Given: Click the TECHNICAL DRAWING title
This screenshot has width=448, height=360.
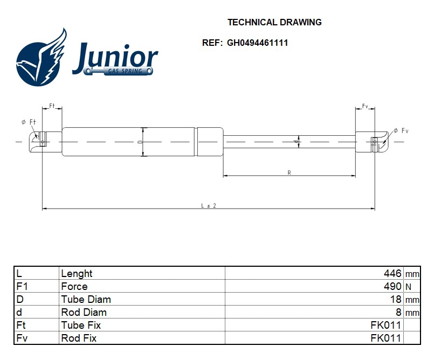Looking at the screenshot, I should pyautogui.click(x=274, y=22).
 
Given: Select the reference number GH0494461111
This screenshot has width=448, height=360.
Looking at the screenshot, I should pyautogui.click(x=257, y=43).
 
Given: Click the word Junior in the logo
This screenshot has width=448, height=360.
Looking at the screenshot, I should pyautogui.click(x=115, y=58).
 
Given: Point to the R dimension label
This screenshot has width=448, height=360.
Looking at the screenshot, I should pyautogui.click(x=289, y=172).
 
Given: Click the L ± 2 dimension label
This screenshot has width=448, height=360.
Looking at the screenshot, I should pyautogui.click(x=208, y=205).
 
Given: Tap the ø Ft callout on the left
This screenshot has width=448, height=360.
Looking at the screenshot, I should pyautogui.click(x=28, y=122).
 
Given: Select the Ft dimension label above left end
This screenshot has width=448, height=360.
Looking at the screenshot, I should pyautogui.click(x=52, y=106).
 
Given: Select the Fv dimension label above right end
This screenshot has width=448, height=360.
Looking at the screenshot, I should pyautogui.click(x=365, y=106).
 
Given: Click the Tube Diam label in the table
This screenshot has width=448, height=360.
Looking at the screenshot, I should pyautogui.click(x=86, y=300).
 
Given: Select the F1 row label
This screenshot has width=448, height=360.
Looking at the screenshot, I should pyautogui.click(x=22, y=287).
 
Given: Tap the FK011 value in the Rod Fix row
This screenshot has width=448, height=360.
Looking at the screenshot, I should pyautogui.click(x=385, y=338).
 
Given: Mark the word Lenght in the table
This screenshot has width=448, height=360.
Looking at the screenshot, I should pyautogui.click(x=77, y=274).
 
